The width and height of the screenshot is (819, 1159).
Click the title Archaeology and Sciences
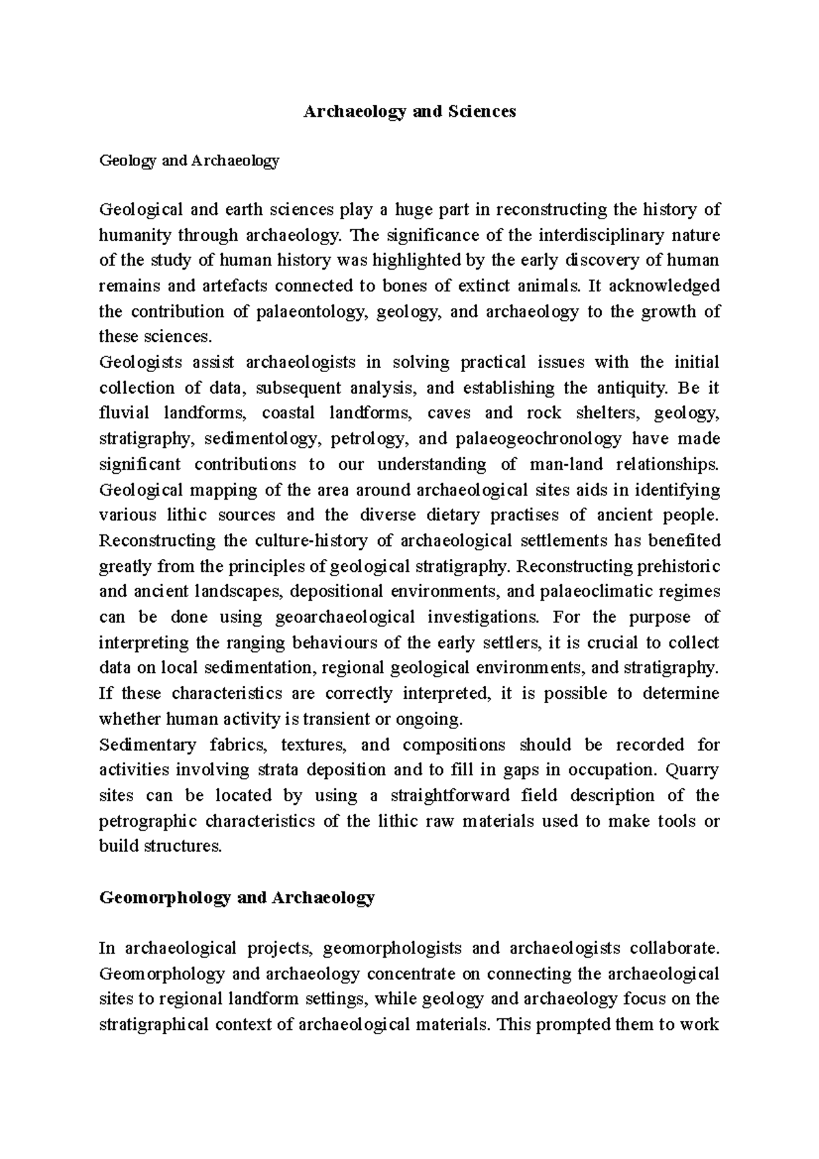pos(409,111)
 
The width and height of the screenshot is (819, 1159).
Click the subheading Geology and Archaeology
pos(189,161)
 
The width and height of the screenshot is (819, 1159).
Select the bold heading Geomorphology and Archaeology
pos(237,897)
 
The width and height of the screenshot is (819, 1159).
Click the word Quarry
pos(692,770)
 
